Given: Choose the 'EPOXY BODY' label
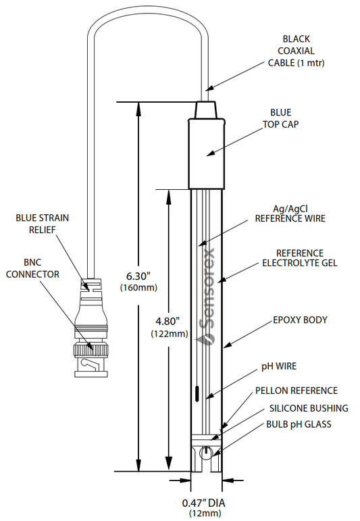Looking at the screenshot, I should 300,319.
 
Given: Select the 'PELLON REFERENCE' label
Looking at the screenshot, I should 296,391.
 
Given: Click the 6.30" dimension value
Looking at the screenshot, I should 138,276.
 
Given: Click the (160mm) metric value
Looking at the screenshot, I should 138,288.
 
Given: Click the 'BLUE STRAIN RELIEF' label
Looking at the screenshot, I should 42,224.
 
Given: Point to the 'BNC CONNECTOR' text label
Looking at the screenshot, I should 34,268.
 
